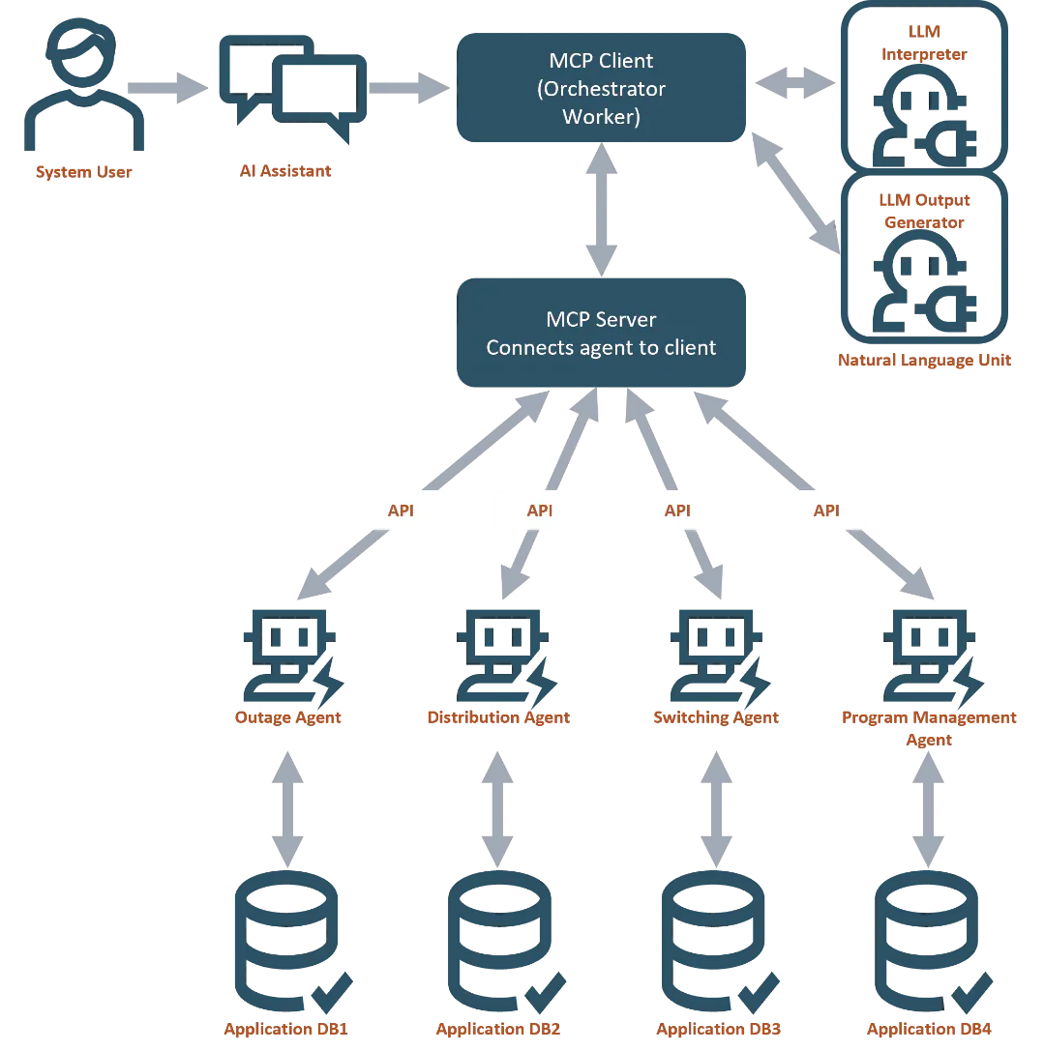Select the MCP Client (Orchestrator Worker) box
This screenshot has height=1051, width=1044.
point(602,89)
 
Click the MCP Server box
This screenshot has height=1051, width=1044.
point(602,334)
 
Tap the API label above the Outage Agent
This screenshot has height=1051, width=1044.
point(400,511)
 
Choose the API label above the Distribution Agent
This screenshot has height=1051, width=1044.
point(539,511)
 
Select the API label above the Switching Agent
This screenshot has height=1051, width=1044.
point(677,511)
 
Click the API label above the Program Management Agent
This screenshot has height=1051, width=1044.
point(826,511)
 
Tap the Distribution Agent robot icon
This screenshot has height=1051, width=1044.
point(502,652)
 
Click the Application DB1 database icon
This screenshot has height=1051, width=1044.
point(284,938)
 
